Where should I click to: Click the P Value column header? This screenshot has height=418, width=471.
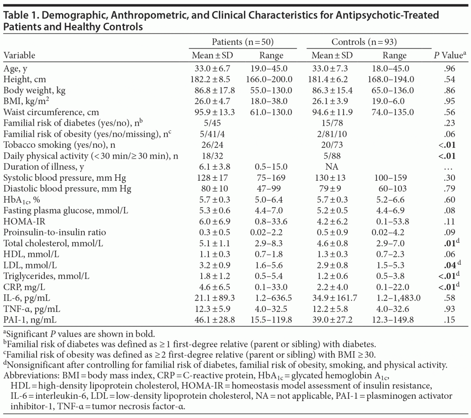tap(447, 55)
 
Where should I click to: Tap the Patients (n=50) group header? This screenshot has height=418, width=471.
tap(243, 42)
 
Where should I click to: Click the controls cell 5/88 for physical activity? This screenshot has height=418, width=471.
tap(332, 156)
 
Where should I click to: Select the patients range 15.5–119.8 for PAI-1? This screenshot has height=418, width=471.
tap(271, 320)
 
